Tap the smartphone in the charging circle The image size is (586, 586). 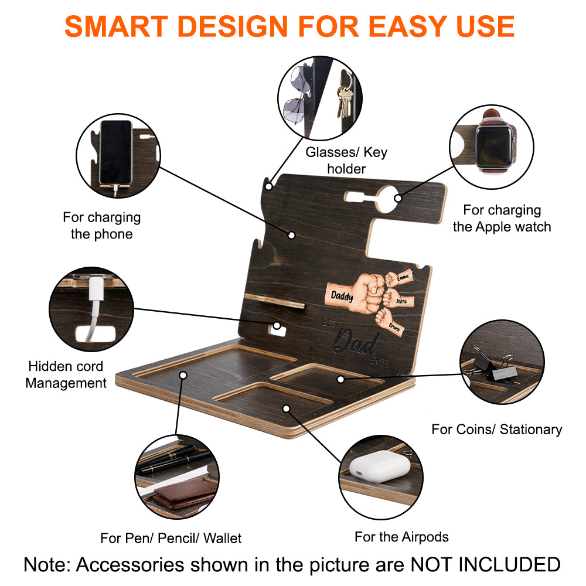(x=115, y=151)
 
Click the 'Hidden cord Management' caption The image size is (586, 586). (x=66, y=374)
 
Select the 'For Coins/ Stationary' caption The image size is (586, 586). (x=496, y=429)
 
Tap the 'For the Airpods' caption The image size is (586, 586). (x=401, y=536)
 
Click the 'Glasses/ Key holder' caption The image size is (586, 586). (x=346, y=161)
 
